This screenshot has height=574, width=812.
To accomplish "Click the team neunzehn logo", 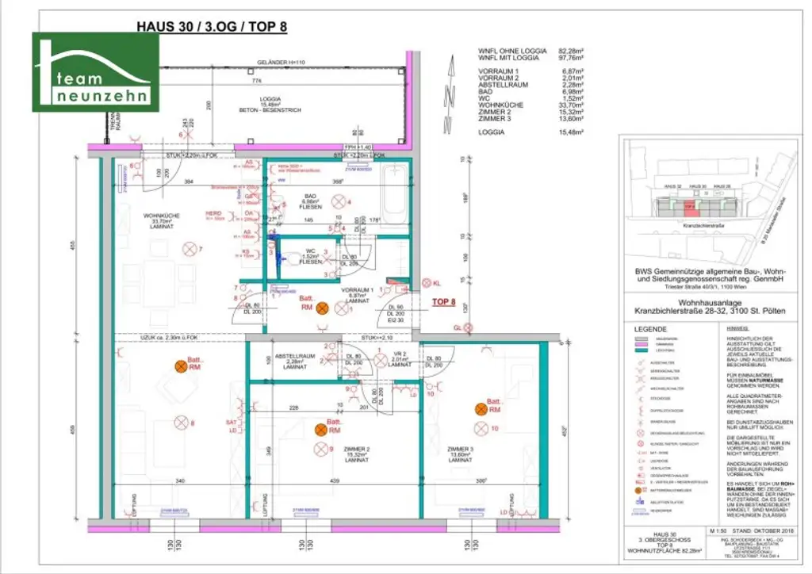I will [95, 73].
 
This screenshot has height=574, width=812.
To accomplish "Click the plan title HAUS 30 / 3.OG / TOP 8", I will [212, 25].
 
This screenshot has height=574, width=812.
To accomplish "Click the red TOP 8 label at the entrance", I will [444, 302].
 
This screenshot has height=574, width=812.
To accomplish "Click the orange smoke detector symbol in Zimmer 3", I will [481, 408].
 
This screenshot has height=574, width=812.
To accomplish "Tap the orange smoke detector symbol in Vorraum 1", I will [322, 308].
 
